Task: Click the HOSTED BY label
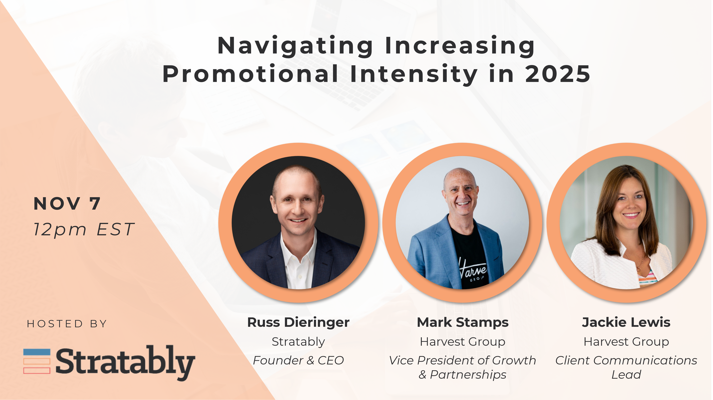67,324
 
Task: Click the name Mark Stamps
463,322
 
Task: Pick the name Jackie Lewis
626,322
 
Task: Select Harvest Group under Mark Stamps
463,342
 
